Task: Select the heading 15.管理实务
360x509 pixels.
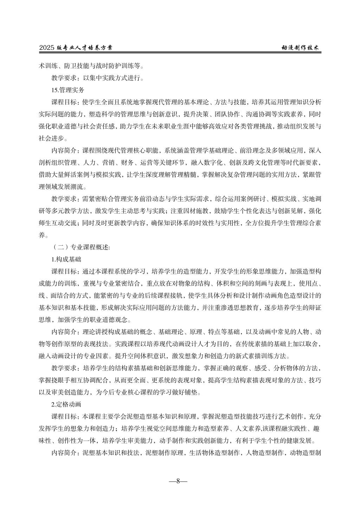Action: (x=68, y=90)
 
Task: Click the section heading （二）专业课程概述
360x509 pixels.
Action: (x=81, y=247)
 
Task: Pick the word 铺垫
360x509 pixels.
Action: (x=193, y=393)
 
